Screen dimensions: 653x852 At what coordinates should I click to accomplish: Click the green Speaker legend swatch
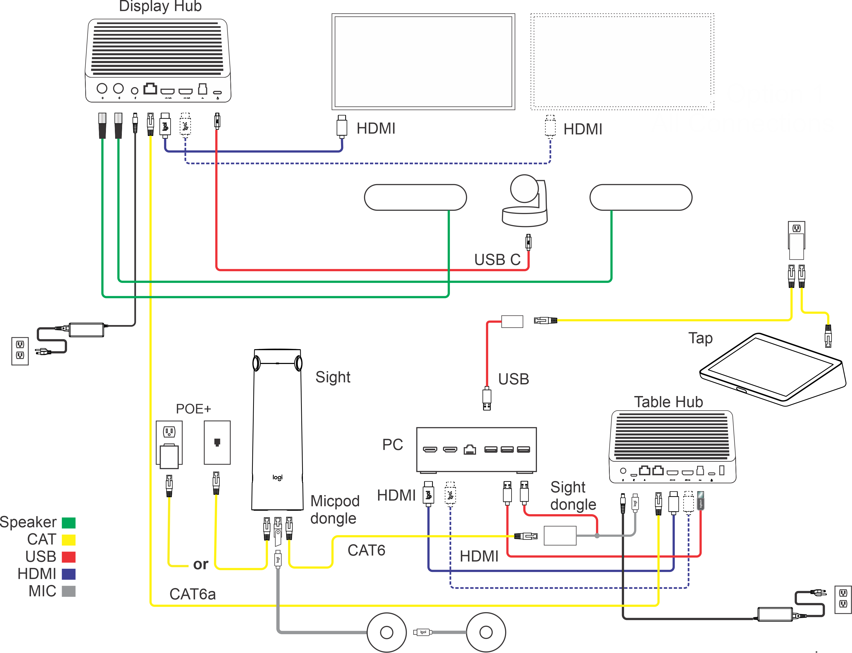click(68, 523)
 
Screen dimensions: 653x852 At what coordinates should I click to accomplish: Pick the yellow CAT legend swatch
click(68, 540)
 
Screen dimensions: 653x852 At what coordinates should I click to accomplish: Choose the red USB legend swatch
click(68, 557)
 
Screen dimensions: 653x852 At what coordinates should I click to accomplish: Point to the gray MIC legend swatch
click(68, 591)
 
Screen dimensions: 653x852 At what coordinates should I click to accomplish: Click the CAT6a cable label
click(192, 594)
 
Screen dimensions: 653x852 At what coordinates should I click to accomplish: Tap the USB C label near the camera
click(497, 260)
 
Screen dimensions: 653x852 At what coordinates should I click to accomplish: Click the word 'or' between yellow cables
click(200, 564)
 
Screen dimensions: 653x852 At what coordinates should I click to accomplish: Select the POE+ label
click(193, 409)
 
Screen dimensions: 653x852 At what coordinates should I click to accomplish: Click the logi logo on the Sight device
click(277, 477)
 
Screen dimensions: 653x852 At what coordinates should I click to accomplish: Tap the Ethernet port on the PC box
click(470, 450)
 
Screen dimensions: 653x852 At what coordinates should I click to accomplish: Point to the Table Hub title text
click(668, 402)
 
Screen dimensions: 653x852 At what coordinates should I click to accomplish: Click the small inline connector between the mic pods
click(423, 632)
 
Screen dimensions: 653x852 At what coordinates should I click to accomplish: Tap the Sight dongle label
click(573, 496)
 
